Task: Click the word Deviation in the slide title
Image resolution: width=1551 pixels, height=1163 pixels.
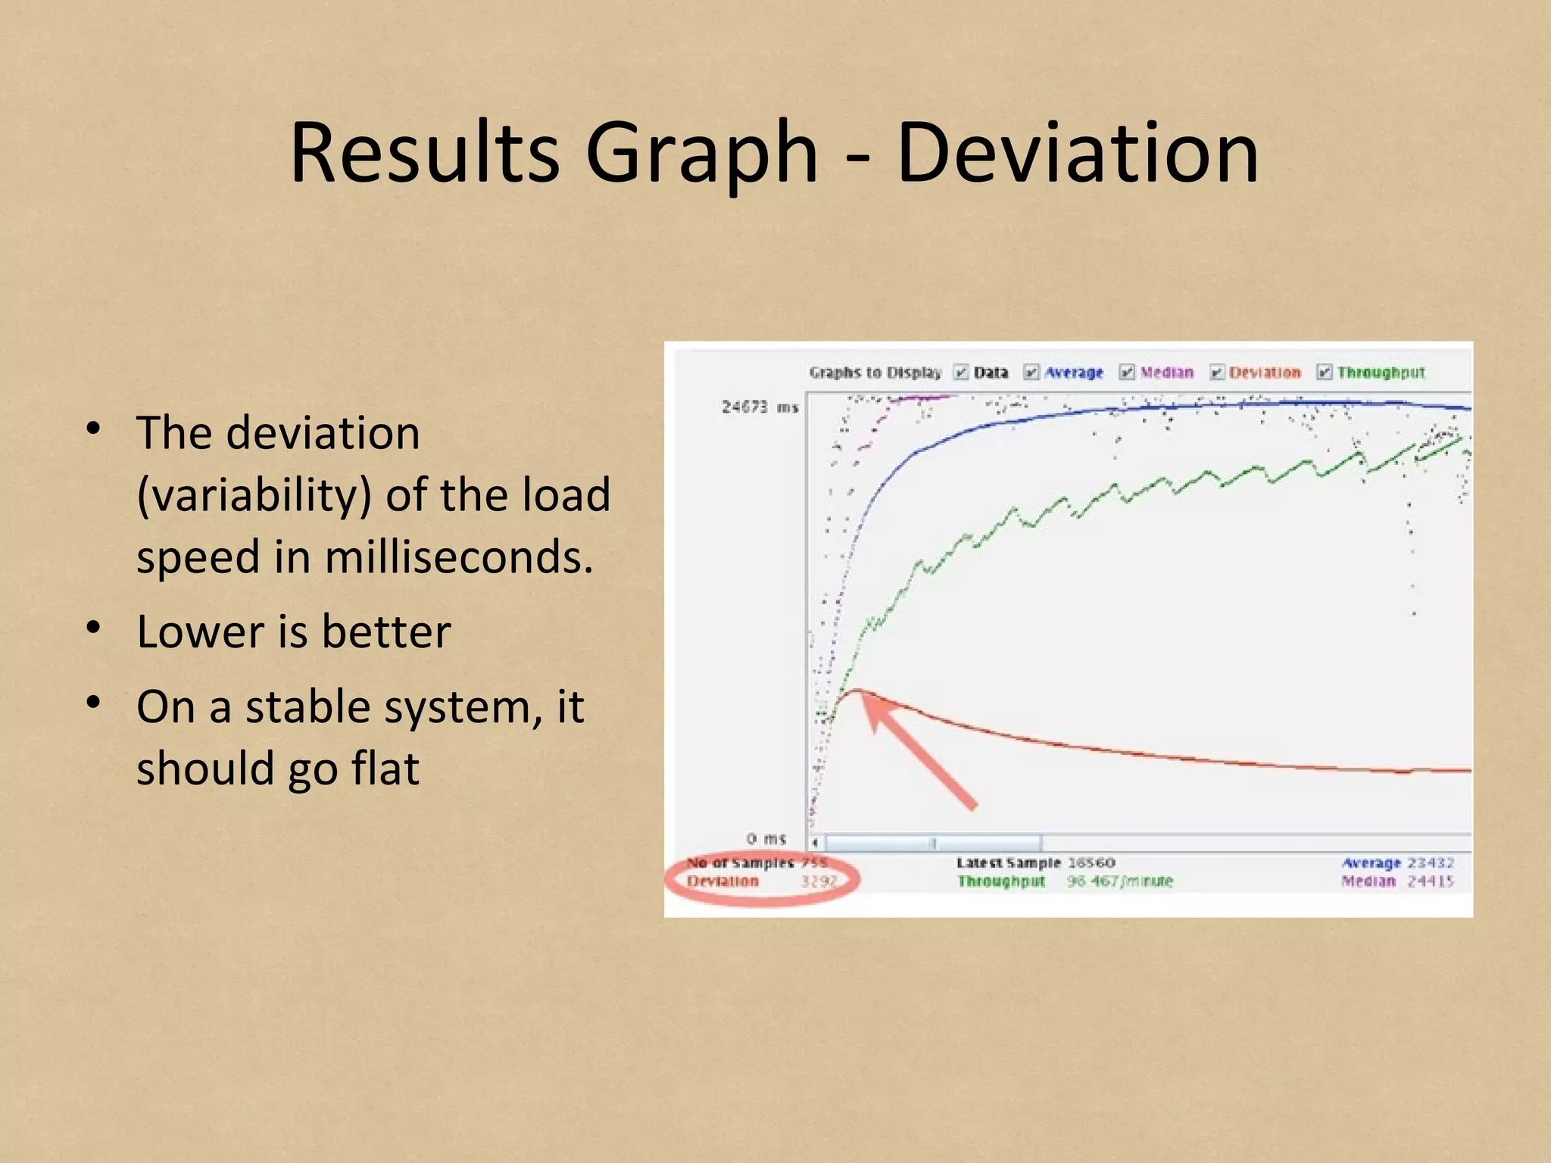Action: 1077,154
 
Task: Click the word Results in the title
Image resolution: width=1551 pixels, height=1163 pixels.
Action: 424,154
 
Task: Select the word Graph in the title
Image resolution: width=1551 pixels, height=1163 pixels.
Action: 701,154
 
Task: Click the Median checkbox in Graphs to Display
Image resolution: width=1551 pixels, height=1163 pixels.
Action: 1127,372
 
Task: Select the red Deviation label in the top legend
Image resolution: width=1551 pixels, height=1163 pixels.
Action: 1264,373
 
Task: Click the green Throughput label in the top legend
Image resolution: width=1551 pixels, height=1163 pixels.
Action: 1380,373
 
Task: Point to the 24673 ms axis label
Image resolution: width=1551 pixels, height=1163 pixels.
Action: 760,407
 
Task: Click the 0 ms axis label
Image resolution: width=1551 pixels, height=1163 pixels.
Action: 766,839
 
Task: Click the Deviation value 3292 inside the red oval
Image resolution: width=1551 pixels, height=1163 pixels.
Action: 819,881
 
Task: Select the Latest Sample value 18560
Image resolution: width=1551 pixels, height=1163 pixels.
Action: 1091,862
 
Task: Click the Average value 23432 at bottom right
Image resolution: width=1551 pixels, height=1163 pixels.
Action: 1430,862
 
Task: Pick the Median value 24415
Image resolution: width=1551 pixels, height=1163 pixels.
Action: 1430,881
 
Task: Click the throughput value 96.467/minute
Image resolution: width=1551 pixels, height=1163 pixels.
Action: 1119,881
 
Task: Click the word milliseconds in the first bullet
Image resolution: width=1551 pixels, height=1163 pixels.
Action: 458,558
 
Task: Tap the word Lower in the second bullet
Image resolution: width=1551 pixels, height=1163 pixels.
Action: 199,632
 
